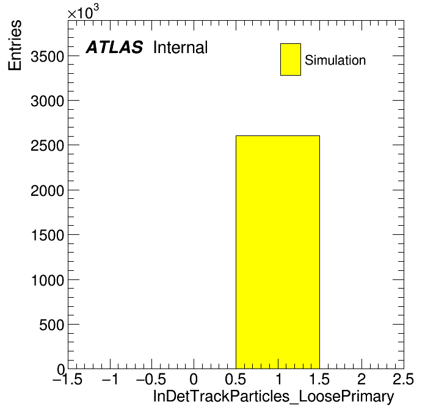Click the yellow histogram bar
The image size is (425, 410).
[x=278, y=252]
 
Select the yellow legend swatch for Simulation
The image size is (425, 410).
[x=291, y=59]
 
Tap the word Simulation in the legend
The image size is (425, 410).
[x=335, y=60]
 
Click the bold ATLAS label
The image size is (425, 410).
[x=114, y=47]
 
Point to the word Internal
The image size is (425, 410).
[x=181, y=48]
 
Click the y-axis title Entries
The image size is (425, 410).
[x=15, y=45]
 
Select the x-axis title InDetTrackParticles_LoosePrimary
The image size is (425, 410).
[x=274, y=397]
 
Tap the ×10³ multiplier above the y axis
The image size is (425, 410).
[x=83, y=12]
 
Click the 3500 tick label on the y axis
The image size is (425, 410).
[x=48, y=57]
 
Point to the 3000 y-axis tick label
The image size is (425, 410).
[x=48, y=101]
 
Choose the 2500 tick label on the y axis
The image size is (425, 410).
[x=48, y=146]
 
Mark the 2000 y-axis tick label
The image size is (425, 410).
[x=48, y=190]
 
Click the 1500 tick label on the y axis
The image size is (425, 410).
[x=48, y=236]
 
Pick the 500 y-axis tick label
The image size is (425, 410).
[x=52, y=325]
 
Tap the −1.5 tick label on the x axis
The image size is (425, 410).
[x=68, y=379]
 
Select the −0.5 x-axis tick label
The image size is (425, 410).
[x=151, y=379]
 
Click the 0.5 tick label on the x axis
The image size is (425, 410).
[x=236, y=379]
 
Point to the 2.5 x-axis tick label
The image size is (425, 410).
[x=403, y=379]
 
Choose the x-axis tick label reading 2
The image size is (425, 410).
[x=361, y=379]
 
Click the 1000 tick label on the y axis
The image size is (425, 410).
[x=48, y=280]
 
